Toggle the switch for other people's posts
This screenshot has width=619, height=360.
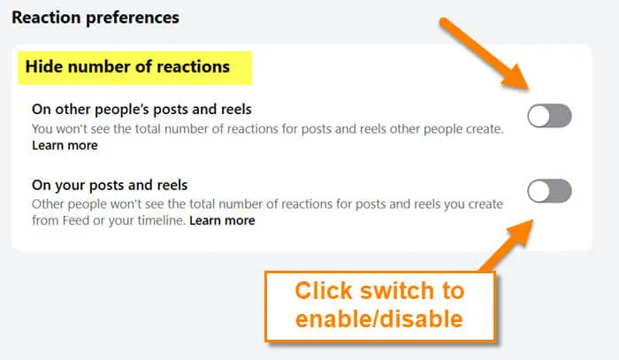(549, 116)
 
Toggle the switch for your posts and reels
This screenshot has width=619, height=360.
(549, 191)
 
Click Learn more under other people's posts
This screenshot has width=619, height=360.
(65, 145)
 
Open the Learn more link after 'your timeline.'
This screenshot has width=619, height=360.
(222, 220)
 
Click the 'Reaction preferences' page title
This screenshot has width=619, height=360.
(96, 18)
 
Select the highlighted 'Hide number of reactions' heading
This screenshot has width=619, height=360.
(127, 66)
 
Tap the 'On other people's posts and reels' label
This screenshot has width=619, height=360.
(141, 109)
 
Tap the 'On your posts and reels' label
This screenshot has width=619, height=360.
(110, 185)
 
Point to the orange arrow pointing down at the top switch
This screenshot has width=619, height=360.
(485, 55)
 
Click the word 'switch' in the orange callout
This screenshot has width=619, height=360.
(397, 290)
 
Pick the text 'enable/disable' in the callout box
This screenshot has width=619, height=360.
(379, 319)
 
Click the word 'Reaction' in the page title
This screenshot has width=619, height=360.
(46, 18)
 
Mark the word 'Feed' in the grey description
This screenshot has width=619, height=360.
(75, 220)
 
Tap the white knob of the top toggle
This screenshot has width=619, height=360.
(539, 116)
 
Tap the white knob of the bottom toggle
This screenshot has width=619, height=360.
(539, 191)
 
